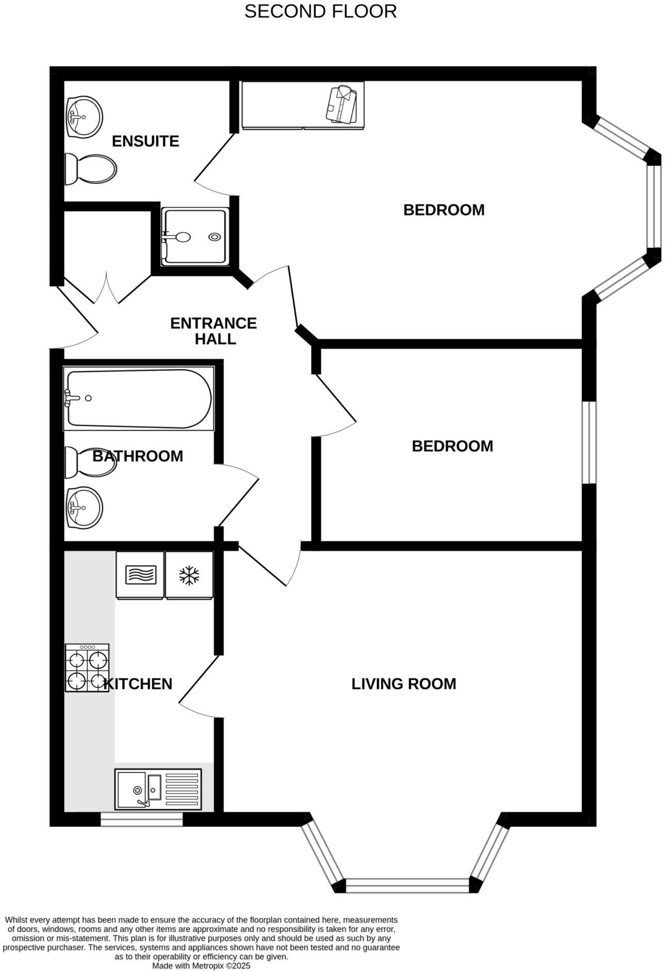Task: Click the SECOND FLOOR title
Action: [x=320, y=11]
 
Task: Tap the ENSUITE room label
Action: [x=145, y=141]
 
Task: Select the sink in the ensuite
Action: [x=84, y=117]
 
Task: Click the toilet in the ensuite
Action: [x=91, y=169]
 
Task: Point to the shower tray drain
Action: [x=214, y=237]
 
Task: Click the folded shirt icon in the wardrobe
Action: [x=341, y=105]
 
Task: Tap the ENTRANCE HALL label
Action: [x=213, y=331]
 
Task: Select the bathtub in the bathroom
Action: [x=138, y=399]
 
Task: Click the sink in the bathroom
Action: [x=84, y=508]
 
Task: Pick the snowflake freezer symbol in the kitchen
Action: [x=189, y=575]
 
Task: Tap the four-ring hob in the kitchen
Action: [x=87, y=667]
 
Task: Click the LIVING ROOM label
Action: [x=403, y=684]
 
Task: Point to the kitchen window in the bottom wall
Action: [x=141, y=819]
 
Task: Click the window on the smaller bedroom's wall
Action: [x=589, y=443]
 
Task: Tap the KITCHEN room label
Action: [x=138, y=684]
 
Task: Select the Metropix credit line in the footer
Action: [x=201, y=965]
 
